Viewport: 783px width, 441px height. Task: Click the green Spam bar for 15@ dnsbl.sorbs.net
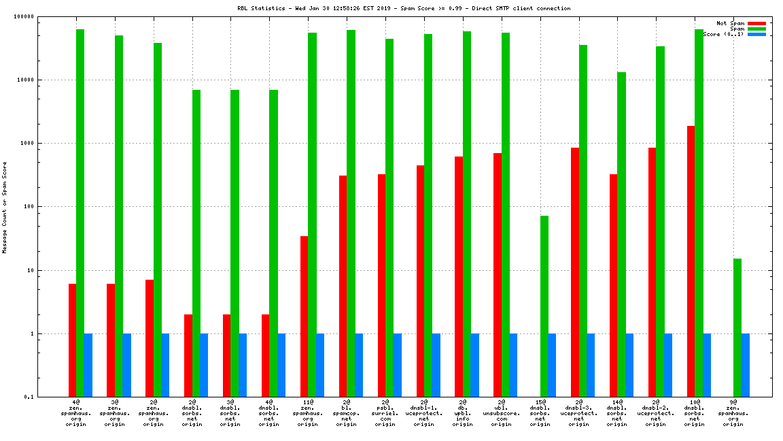544,306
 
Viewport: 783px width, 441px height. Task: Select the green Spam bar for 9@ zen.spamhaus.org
737,327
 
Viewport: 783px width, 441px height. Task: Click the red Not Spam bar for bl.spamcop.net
343,286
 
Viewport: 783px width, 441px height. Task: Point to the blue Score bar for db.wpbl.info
474,365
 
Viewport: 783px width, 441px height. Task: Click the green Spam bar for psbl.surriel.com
389,218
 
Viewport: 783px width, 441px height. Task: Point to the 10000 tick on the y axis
25,80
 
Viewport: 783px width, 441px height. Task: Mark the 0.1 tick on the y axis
28,397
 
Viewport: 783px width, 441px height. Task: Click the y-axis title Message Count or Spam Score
5,207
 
